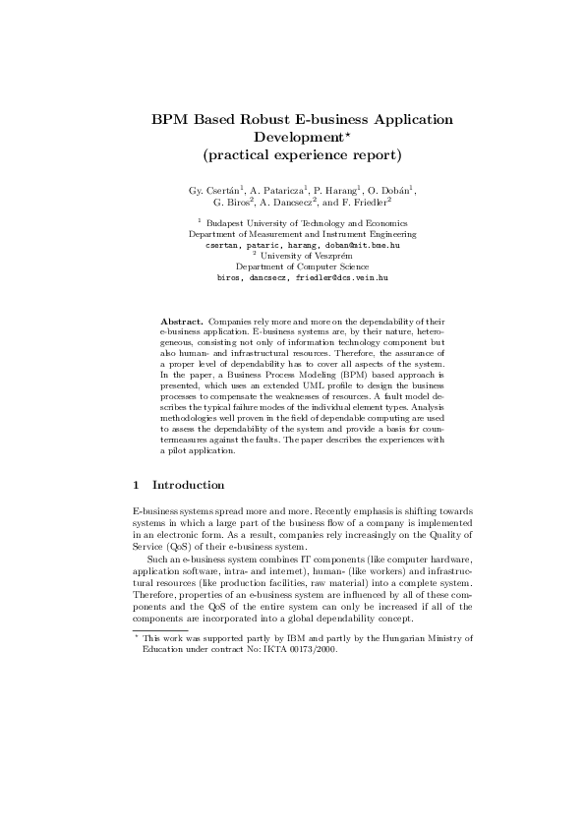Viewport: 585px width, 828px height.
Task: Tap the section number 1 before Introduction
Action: pyautogui.click(x=136, y=485)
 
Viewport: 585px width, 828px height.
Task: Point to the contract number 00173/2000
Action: pyautogui.click(x=273, y=621)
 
